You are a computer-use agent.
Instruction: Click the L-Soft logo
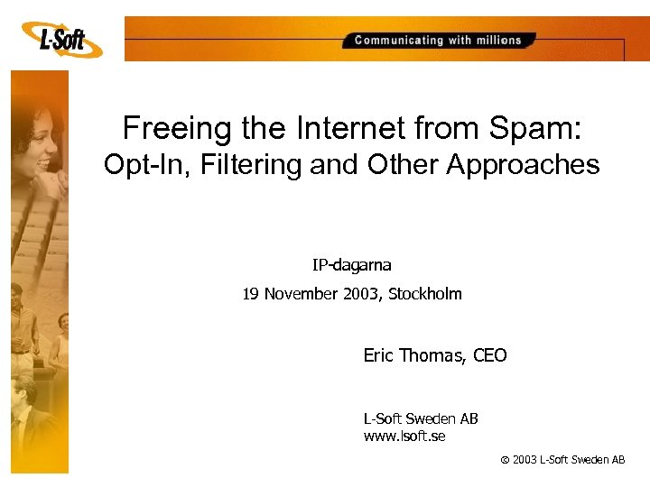coord(62,39)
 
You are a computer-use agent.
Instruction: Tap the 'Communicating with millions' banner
coord(438,40)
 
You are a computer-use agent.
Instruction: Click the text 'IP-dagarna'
coord(352,265)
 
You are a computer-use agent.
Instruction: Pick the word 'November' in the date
coord(302,293)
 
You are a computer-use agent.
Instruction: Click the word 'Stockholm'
coord(424,293)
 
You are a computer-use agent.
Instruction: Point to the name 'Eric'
coord(380,355)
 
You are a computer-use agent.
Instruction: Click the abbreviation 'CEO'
coord(489,355)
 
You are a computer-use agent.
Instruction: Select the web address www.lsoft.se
coord(404,436)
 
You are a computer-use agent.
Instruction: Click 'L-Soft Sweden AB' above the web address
coord(420,418)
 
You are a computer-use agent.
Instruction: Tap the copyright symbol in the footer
coord(504,460)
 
